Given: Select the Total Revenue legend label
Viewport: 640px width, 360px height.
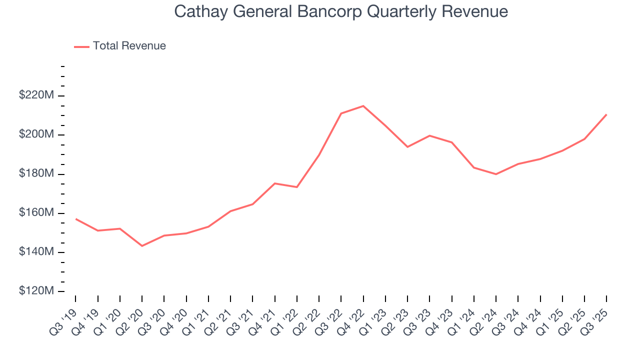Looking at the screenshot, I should click(129, 46).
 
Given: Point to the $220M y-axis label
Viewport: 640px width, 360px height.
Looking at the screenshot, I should click(36, 95).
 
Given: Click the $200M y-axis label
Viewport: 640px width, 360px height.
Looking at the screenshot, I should click(36, 134).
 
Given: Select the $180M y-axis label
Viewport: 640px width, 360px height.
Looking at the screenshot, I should click(36, 173).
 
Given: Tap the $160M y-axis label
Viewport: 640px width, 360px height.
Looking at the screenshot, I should click(36, 213).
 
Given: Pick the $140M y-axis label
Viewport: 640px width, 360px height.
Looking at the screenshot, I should click(36, 252).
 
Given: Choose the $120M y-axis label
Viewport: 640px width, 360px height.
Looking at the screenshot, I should click(36, 291).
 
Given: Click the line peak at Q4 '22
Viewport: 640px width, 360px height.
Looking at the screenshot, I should click(363, 106).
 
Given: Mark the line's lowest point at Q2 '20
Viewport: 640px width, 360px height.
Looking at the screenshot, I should click(142, 246).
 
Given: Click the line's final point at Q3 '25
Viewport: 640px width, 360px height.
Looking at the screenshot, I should click(606, 114).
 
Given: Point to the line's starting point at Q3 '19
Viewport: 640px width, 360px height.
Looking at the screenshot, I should click(75, 218).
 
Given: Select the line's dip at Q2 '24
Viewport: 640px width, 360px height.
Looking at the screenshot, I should click(495, 174).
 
